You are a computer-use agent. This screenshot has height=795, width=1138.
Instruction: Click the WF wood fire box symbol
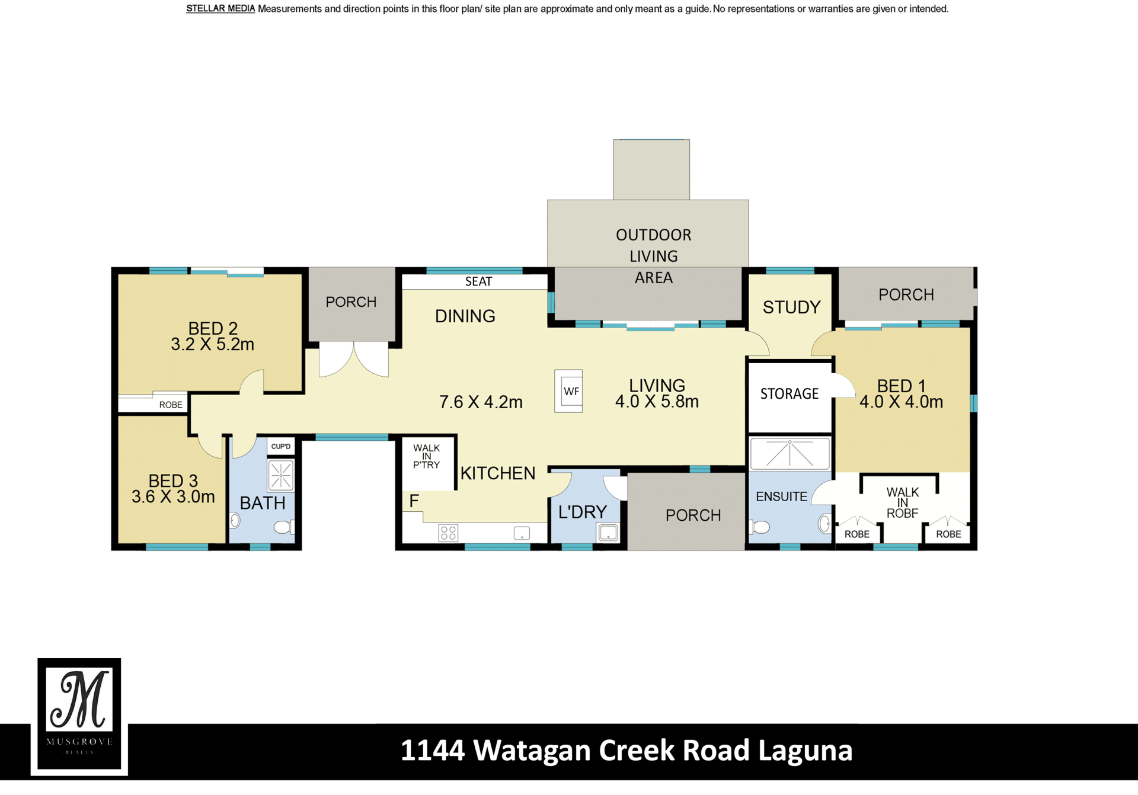coord(568,391)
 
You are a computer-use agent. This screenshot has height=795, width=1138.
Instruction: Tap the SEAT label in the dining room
coord(478,281)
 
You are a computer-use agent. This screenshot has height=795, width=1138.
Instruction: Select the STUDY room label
coord(791,307)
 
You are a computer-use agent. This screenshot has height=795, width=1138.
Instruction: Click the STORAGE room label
coord(789,394)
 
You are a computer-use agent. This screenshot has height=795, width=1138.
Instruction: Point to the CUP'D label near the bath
coord(281,447)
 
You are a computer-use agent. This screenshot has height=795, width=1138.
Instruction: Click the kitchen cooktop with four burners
coord(449,533)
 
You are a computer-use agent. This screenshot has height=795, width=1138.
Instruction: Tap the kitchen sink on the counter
coord(522,533)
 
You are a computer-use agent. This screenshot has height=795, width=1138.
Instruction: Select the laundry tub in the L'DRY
coord(608,533)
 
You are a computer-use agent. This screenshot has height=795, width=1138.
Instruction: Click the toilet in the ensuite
coord(760,527)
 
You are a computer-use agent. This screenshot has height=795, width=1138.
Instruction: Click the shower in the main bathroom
coord(281,475)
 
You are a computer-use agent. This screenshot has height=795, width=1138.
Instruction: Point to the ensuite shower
coord(790,454)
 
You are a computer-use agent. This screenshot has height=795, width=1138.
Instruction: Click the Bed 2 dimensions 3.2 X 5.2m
coord(212,344)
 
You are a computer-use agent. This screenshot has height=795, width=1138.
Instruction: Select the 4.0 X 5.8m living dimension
coord(657,402)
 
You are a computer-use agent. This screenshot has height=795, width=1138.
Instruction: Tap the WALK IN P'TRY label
coord(427,457)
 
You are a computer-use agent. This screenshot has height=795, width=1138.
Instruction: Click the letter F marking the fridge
coord(414,501)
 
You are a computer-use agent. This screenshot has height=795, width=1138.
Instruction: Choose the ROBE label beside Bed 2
coord(171,405)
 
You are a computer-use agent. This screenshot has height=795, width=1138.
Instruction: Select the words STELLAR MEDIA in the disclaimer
coord(220,9)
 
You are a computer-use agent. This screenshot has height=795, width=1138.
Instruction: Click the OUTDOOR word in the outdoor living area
coord(654,235)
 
